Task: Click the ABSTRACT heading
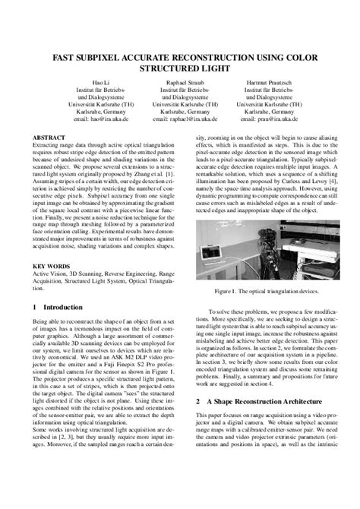pos(49,138)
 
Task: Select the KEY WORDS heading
pos(52,266)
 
